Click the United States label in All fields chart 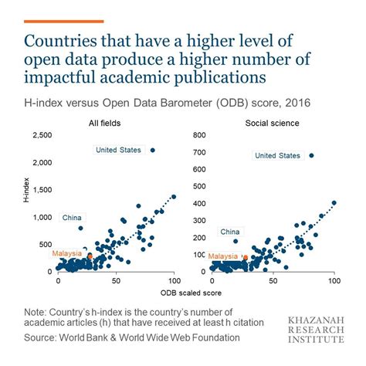[120, 150]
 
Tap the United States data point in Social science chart [311, 155]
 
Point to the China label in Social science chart [229, 231]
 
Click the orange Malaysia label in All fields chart [67, 253]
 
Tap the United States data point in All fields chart [153, 150]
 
